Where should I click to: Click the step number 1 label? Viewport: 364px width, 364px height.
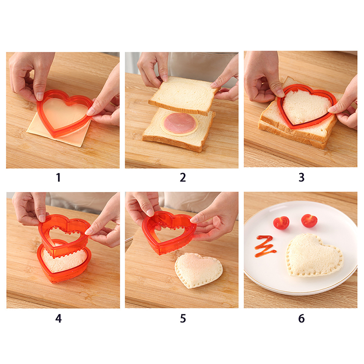(x=58, y=177)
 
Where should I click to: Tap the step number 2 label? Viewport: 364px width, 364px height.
(x=183, y=177)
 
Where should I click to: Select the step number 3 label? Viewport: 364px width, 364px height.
(x=301, y=177)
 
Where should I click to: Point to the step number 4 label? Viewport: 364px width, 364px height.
(x=59, y=318)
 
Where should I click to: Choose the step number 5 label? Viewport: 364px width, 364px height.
(x=183, y=318)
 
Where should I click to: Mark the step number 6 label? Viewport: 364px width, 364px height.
(x=301, y=318)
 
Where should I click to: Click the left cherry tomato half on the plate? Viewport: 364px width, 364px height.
(x=281, y=223)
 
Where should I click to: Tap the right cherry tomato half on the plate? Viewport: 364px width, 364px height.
(x=309, y=221)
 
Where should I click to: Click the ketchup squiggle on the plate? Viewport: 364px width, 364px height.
(x=265, y=246)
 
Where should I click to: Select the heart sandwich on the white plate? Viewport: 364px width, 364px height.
(x=314, y=256)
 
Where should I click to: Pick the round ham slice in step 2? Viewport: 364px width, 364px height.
(x=179, y=123)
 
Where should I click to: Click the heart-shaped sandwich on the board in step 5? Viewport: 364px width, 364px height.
(x=198, y=270)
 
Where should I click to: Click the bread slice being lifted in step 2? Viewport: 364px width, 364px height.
(x=185, y=96)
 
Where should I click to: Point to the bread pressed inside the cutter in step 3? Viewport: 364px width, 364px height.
(x=306, y=106)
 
